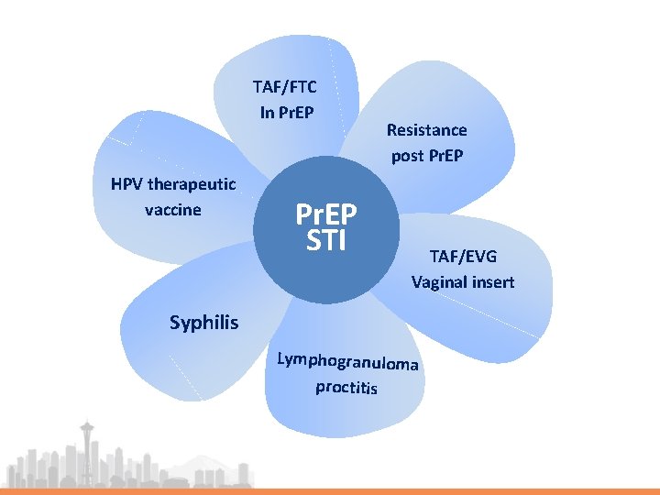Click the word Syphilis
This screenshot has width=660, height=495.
pyautogui.click(x=203, y=323)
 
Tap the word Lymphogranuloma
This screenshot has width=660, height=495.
pyautogui.click(x=348, y=361)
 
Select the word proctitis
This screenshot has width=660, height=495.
pyautogui.click(x=346, y=387)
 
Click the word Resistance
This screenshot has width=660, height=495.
pyautogui.click(x=426, y=130)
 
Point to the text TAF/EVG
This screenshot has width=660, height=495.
pyautogui.click(x=462, y=257)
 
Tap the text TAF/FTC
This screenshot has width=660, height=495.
pyautogui.click(x=285, y=88)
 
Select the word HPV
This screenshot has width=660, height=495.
pyautogui.click(x=126, y=185)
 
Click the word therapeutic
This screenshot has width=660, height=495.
pyautogui.click(x=192, y=185)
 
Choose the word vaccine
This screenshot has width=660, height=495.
pyautogui.click(x=173, y=210)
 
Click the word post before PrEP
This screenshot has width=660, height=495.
pyautogui.click(x=407, y=156)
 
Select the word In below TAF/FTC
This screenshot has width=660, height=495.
pyautogui.click(x=267, y=113)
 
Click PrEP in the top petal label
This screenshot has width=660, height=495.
pyautogui.click(x=298, y=113)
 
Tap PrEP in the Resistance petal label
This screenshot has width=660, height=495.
pyautogui.click(x=445, y=156)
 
